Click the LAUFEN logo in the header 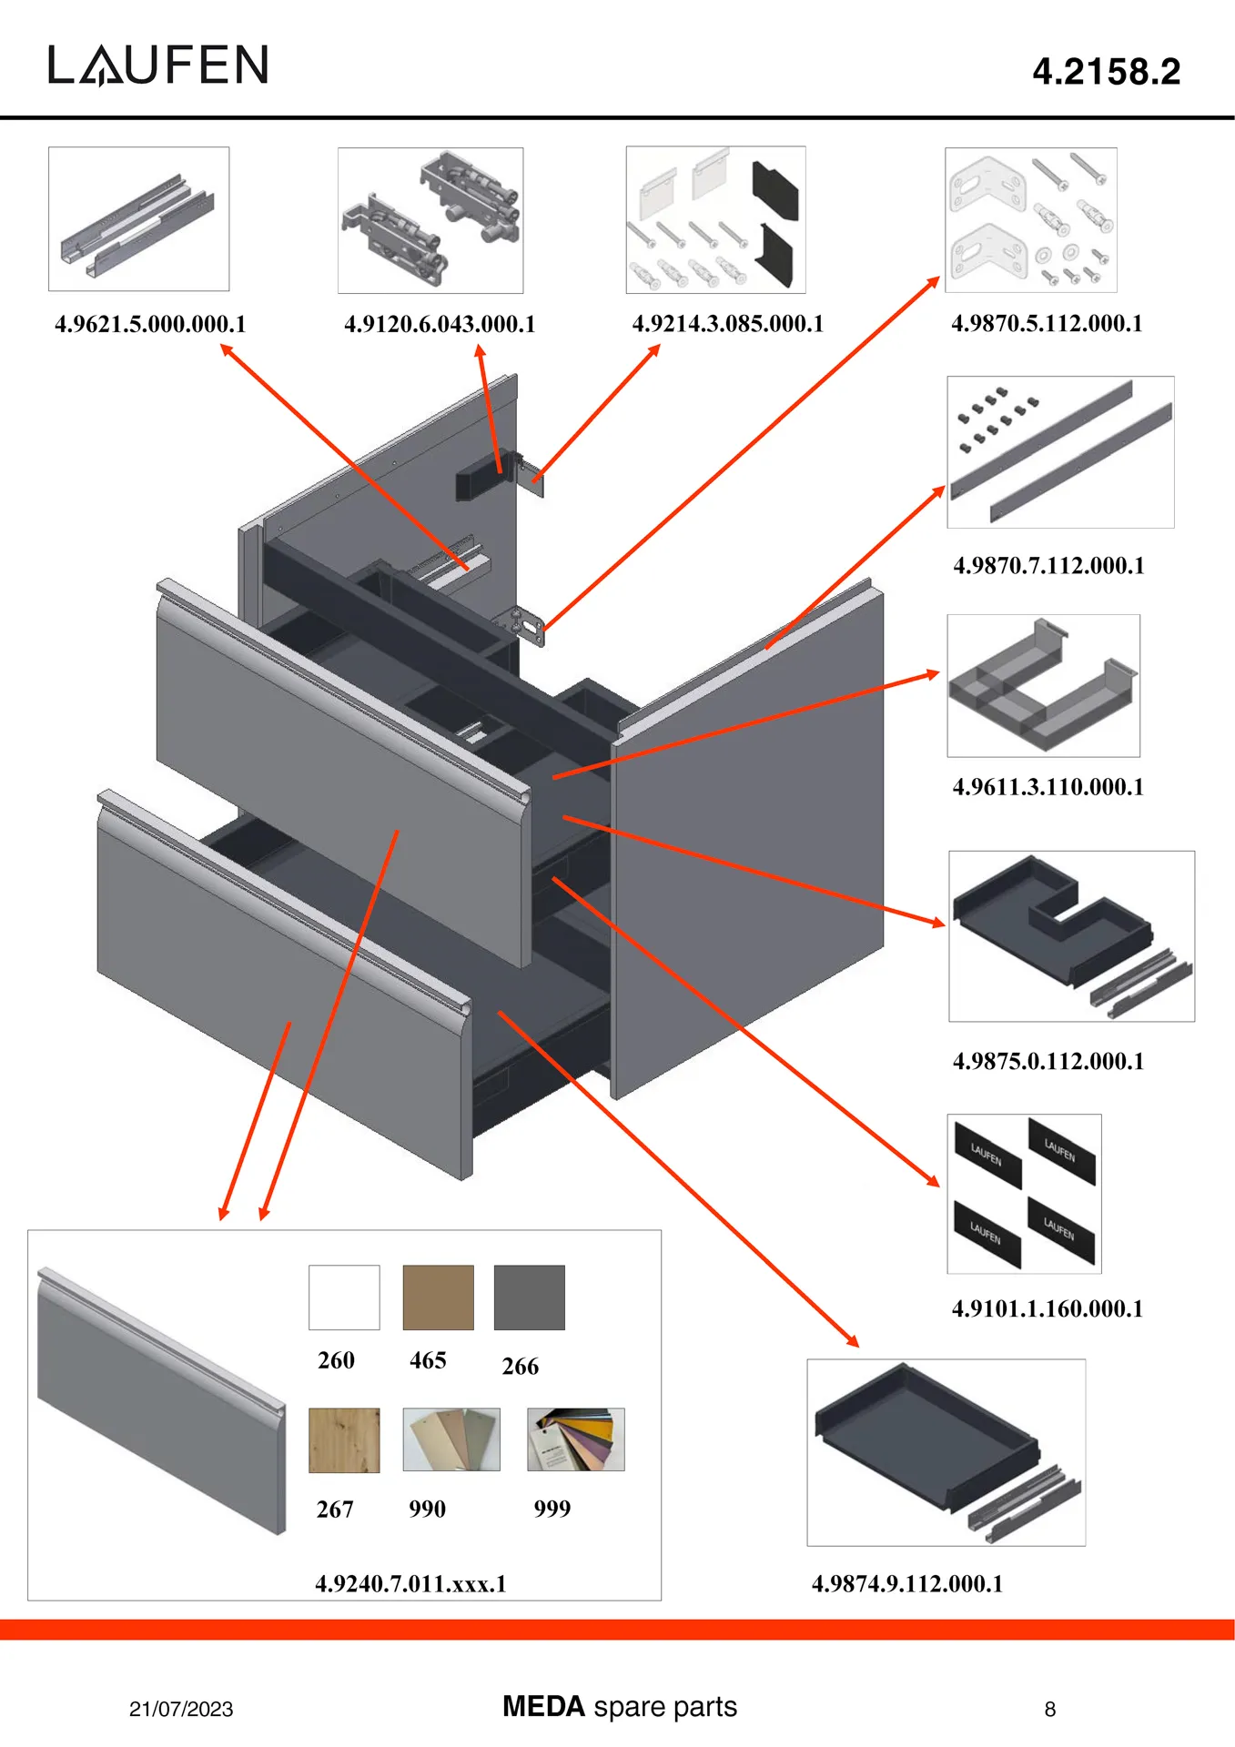pos(158,66)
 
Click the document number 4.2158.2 pos(1106,72)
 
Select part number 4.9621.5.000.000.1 pos(150,324)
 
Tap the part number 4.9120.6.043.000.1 pos(440,324)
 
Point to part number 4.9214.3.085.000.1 pos(727,324)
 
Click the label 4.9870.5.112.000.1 pos(1047,323)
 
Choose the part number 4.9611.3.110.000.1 pos(1048,786)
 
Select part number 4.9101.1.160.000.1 pos(1047,1308)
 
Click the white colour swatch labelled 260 pos(344,1297)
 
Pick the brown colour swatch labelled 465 pos(438,1297)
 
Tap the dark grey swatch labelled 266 pos(529,1297)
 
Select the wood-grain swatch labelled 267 pos(344,1439)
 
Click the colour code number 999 pos(552,1509)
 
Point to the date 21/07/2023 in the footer pos(181,1709)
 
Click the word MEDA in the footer pos(543,1706)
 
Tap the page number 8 pos(1049,1710)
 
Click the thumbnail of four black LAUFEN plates pos(1024,1193)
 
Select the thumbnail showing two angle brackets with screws pos(1030,219)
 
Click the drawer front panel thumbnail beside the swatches pos(161,1401)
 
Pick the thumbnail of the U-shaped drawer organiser pos(1043,685)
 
